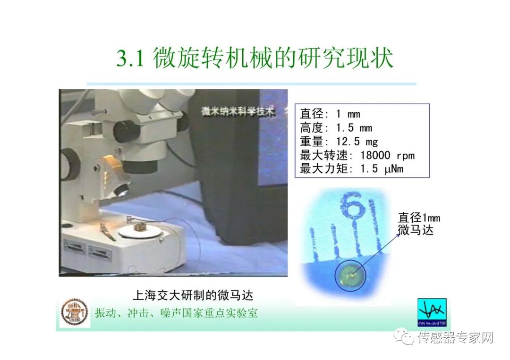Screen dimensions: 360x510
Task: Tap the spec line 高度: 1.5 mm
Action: pos(336,127)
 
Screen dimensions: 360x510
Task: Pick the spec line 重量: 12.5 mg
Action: pos(339,141)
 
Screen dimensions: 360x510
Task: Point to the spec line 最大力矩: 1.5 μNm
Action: pos(351,168)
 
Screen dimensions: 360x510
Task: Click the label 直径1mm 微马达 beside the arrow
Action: pos(419,224)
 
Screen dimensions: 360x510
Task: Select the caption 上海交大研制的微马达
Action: pos(193,295)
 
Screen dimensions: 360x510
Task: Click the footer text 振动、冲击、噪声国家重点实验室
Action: pos(177,313)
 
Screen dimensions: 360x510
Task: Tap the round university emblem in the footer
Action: pos(75,313)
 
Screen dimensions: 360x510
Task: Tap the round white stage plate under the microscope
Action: pos(139,231)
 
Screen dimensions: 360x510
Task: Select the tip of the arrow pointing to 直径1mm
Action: pos(399,234)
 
